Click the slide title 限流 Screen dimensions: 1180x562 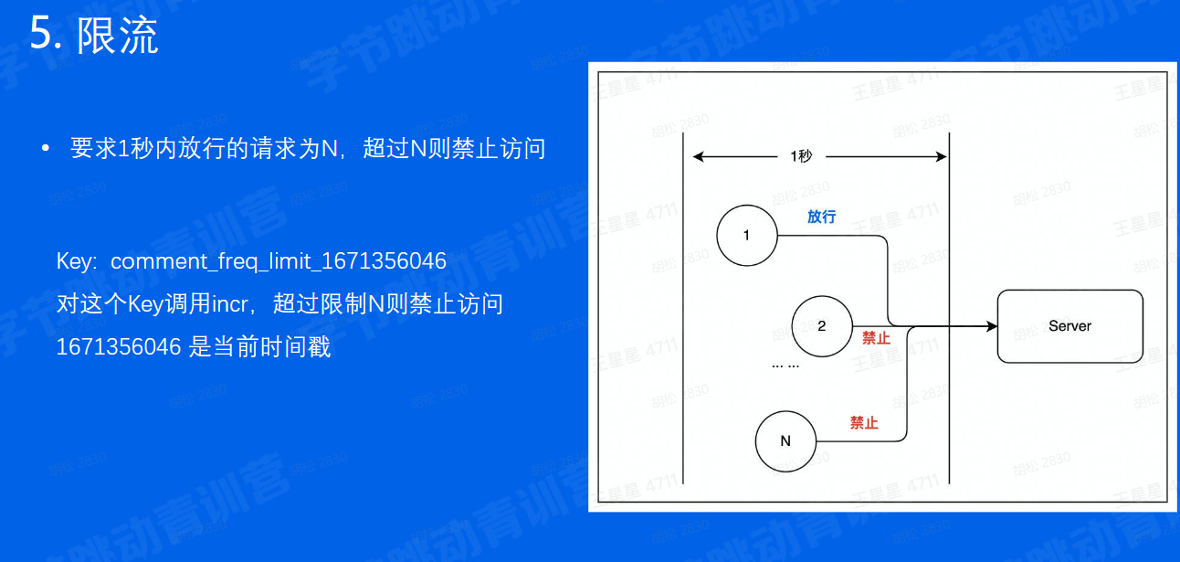[x=118, y=36]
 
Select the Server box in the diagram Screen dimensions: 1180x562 [x=1069, y=326]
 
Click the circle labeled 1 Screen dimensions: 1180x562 [x=746, y=235]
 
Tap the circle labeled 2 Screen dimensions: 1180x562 [x=821, y=326]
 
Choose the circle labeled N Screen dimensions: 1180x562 [x=785, y=441]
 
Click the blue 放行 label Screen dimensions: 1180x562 [x=821, y=217]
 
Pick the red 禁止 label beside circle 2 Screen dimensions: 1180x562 [x=875, y=338]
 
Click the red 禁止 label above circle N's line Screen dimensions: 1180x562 [x=863, y=423]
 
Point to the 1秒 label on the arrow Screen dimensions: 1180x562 [x=800, y=156]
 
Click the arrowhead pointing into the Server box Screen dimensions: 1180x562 [x=990, y=326]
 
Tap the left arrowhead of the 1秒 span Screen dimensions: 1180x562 [x=699, y=156]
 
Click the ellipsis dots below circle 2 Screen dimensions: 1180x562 [x=785, y=366]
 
